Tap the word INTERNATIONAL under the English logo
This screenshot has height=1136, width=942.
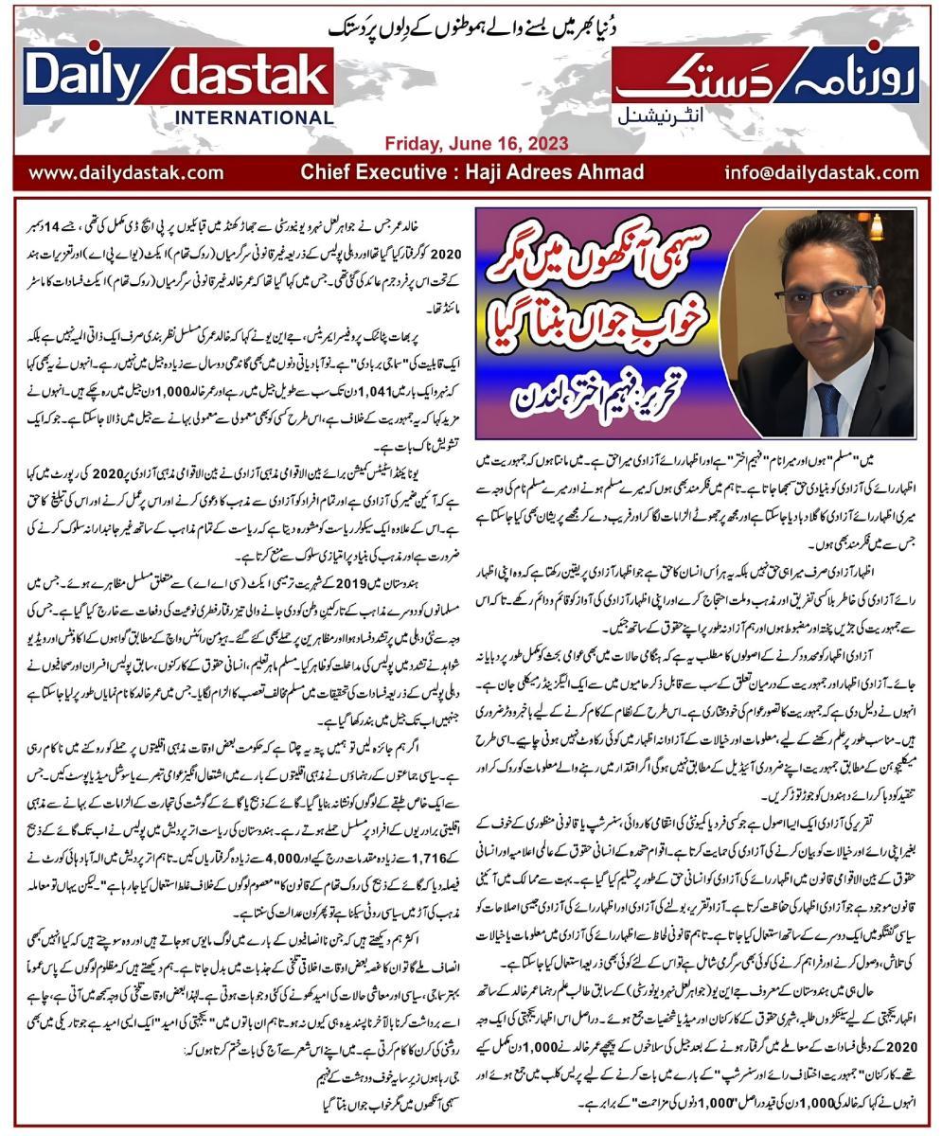tap(254, 118)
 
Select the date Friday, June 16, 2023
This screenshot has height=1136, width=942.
tap(476, 144)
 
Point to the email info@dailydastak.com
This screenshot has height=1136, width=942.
tap(821, 172)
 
